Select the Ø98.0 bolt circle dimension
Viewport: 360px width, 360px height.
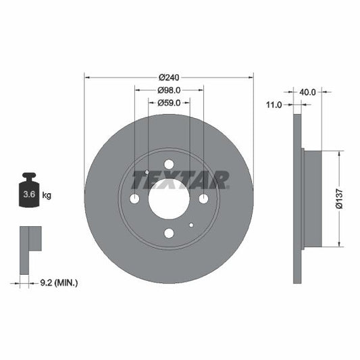(x=169, y=90)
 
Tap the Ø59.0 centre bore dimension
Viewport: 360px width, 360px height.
(x=169, y=103)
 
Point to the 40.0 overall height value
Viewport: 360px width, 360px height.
(x=307, y=91)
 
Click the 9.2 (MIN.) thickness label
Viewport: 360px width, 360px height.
(x=59, y=282)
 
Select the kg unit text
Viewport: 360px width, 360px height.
(x=47, y=195)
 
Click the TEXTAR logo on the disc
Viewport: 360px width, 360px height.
(x=180, y=180)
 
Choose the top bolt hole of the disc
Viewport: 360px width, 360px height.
(x=169, y=164)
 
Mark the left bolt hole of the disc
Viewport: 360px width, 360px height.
(x=134, y=199)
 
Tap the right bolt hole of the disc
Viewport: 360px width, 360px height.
(x=203, y=199)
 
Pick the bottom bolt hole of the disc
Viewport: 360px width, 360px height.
(x=169, y=233)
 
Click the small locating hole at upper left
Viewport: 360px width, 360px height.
(x=147, y=172)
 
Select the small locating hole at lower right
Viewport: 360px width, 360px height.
(x=192, y=225)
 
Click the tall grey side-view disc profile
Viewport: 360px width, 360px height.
(x=297, y=198)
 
